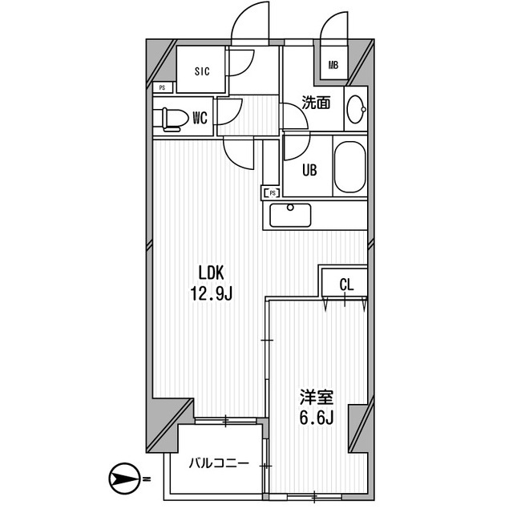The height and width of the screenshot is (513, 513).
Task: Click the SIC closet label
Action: pos(201,71)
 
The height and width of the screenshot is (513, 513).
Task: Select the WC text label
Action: pos(200,119)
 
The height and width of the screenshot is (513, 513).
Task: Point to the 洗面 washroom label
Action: pos(316,103)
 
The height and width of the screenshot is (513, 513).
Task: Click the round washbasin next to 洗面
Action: pos(355,107)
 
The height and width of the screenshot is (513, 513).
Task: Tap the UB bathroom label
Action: pos(309,170)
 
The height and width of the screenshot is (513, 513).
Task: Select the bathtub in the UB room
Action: pos(350,167)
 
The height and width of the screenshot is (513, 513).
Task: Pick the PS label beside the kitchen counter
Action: pos(272,192)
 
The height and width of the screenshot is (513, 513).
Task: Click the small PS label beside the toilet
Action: pos(162,87)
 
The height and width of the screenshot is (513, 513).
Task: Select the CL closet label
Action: pos(345,283)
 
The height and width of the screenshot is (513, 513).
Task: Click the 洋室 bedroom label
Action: pos(316,397)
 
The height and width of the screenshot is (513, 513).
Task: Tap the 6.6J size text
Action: pos(316,419)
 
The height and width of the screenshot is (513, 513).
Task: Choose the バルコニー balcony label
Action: pos(218,463)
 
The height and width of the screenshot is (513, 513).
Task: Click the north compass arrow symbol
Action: pos(123,480)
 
